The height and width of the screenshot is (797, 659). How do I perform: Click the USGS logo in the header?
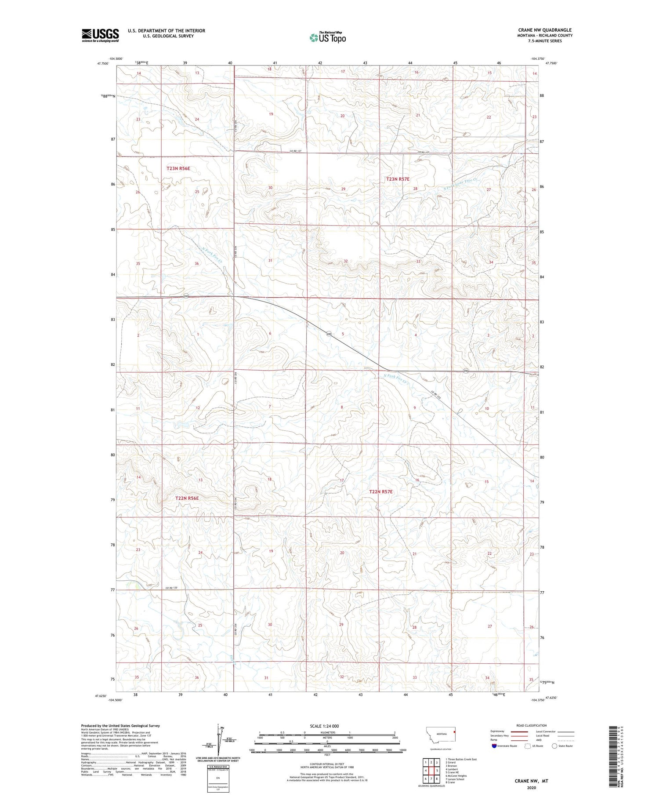(x=100, y=35)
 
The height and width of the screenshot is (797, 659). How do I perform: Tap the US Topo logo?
(x=327, y=38)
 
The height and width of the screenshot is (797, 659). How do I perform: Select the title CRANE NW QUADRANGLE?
(x=545, y=30)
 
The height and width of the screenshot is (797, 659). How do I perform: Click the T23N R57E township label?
(x=398, y=179)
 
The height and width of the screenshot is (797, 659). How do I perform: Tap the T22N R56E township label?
(x=187, y=498)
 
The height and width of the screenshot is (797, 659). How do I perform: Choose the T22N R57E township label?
(x=380, y=491)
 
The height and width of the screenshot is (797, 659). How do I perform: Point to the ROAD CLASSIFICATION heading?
(x=532, y=725)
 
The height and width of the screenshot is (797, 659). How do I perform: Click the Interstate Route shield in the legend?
(x=494, y=746)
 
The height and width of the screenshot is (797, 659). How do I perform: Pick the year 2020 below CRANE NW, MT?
(x=531, y=787)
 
